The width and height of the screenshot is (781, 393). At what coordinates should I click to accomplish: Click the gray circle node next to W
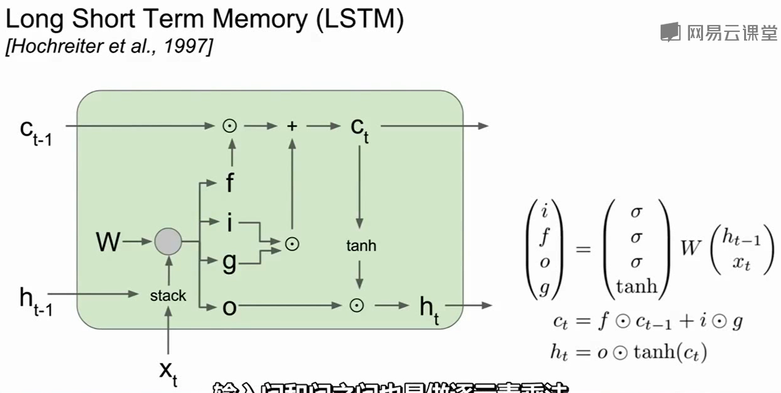pyautogui.click(x=168, y=242)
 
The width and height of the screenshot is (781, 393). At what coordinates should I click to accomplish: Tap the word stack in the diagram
pyautogui.click(x=168, y=295)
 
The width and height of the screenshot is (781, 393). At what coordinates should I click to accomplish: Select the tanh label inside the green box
pyautogui.click(x=361, y=246)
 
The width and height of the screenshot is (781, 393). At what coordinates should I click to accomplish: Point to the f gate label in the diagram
pyautogui.click(x=229, y=182)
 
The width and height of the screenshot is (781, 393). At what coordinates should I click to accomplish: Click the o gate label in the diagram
pyautogui.click(x=229, y=306)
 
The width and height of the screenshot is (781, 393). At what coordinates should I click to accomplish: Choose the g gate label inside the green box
pyautogui.click(x=229, y=262)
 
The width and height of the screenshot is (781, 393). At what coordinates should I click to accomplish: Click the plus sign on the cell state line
pyautogui.click(x=292, y=126)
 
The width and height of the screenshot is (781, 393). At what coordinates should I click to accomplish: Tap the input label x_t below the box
pyautogui.click(x=168, y=371)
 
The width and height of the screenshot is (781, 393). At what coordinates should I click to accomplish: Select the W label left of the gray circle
pyautogui.click(x=108, y=243)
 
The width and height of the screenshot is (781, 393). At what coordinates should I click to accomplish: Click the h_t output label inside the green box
pyautogui.click(x=428, y=306)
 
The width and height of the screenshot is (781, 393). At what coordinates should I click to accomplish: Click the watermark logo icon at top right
pyautogui.click(x=670, y=32)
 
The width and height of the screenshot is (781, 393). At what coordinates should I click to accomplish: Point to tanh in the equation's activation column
pyautogui.click(x=637, y=286)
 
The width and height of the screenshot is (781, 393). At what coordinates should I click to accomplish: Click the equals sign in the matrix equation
pyautogui.click(x=583, y=249)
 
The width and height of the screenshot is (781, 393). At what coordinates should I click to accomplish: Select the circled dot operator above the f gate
pyautogui.click(x=230, y=126)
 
